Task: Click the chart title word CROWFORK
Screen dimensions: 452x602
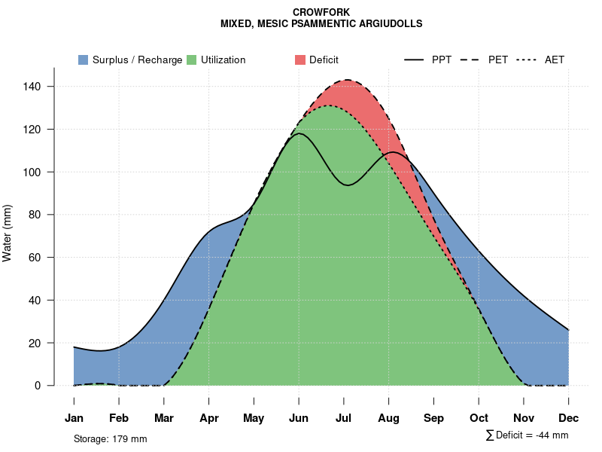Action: [x=321, y=12]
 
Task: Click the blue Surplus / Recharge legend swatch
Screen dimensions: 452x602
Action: [x=84, y=60]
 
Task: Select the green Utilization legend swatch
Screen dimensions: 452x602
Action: [x=192, y=60]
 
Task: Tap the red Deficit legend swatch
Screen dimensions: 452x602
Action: [x=300, y=60]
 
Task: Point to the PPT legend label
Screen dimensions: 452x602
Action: [x=442, y=60]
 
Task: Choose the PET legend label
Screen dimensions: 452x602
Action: [x=498, y=60]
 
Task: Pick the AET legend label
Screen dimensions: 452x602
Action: [x=555, y=60]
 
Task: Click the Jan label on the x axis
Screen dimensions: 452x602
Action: [x=74, y=418]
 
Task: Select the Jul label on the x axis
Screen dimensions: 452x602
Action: [x=344, y=418]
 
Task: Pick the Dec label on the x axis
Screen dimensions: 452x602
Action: [x=569, y=418]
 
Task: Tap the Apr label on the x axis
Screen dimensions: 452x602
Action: [x=208, y=418]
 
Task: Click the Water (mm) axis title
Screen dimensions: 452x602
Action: [x=7, y=233]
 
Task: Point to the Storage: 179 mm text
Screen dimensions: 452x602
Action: [x=110, y=438]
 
